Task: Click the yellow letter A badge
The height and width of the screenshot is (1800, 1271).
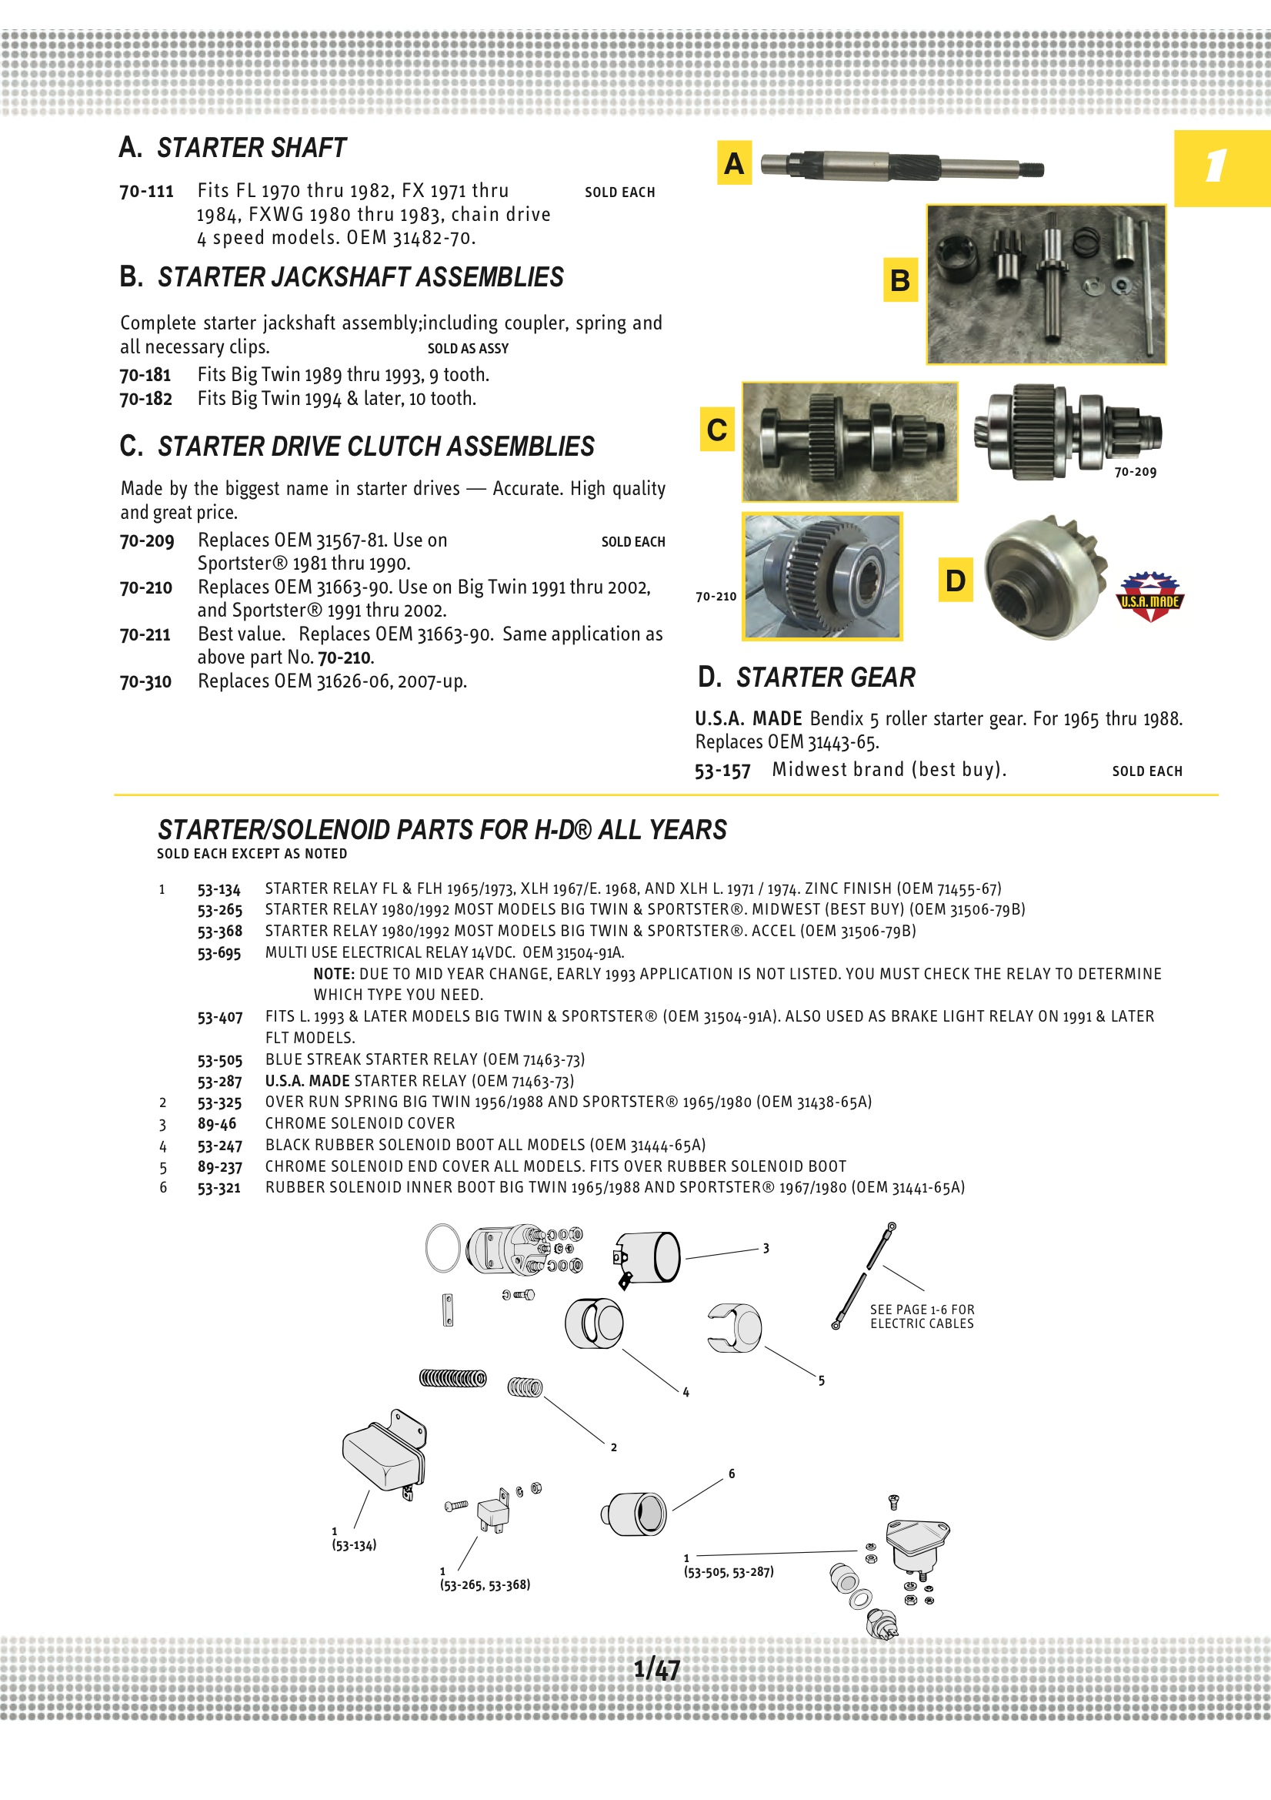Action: tap(733, 163)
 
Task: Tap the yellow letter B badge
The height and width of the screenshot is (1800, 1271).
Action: tap(899, 280)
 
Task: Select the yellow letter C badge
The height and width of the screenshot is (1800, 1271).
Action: tap(716, 430)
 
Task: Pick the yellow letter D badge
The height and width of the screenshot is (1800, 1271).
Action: tap(956, 580)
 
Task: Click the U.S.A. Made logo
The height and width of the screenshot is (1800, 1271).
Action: tap(1149, 597)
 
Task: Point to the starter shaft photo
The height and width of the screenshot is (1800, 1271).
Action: tap(901, 166)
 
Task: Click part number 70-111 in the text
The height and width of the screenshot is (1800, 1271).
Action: tap(146, 191)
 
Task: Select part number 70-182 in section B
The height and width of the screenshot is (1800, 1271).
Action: tap(145, 399)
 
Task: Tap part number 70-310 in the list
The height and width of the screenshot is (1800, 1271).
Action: tap(145, 682)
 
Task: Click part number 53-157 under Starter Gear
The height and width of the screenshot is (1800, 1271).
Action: tap(722, 771)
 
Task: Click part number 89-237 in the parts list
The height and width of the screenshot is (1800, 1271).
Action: tap(219, 1167)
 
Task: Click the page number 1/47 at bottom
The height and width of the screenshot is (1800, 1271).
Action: tap(656, 1668)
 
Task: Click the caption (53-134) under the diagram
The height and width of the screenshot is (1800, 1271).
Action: tap(353, 1545)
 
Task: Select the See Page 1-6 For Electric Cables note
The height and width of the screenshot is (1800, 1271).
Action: tap(922, 1317)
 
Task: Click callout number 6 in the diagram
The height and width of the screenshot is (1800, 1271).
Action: tap(731, 1474)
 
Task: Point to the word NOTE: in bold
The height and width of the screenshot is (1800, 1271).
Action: tap(334, 975)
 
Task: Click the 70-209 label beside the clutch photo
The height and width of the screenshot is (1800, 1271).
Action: tap(1135, 472)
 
